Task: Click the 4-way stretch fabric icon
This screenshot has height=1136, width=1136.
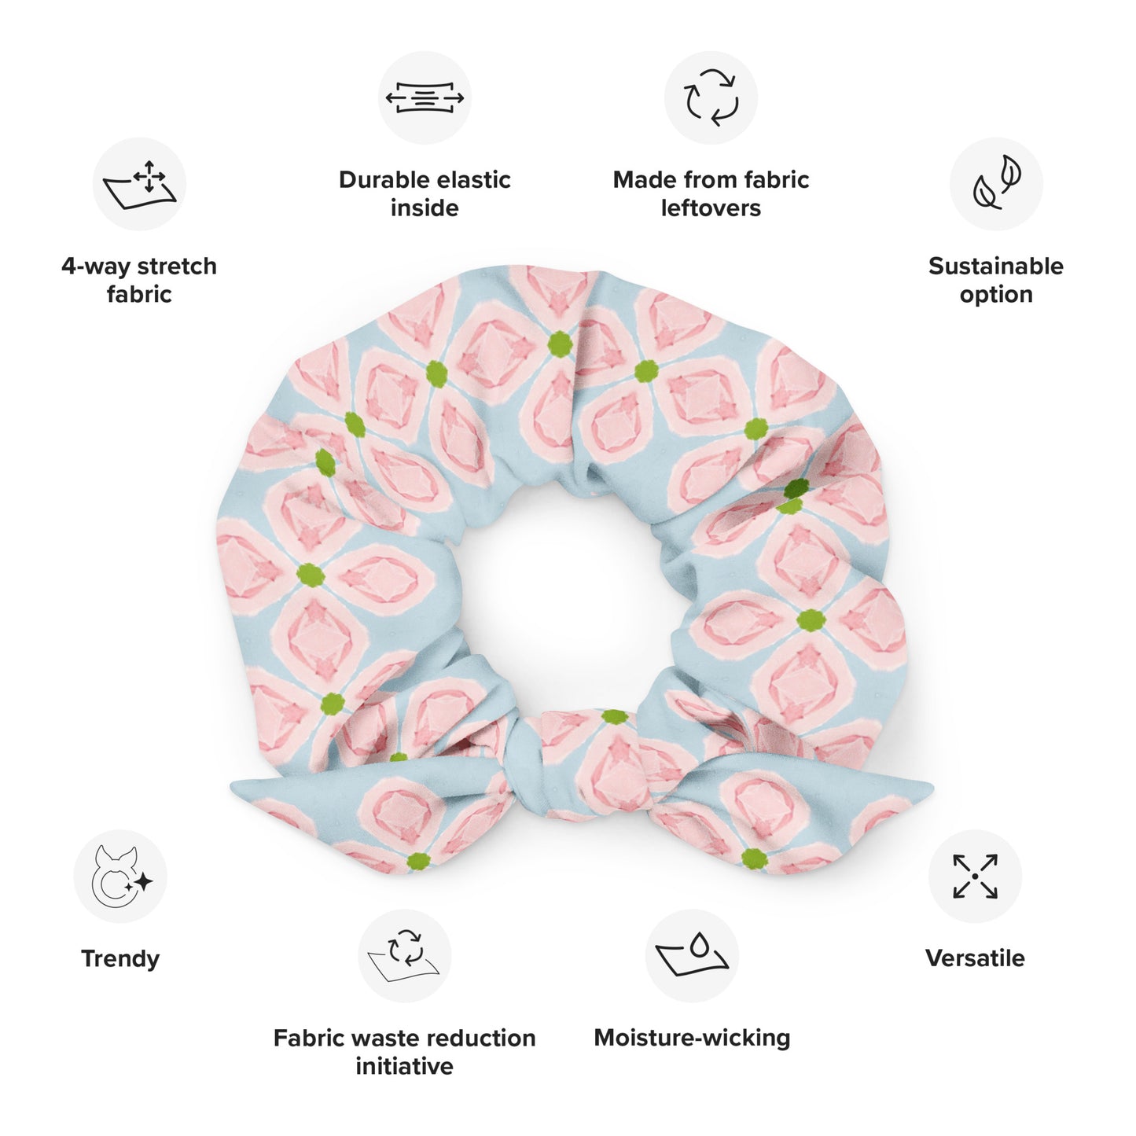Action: [139, 184]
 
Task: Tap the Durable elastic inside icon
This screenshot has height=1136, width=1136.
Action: [425, 97]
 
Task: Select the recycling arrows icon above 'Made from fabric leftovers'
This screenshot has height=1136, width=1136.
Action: [711, 97]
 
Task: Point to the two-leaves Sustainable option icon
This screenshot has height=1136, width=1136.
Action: [996, 184]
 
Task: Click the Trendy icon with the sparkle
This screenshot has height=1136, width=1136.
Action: [120, 876]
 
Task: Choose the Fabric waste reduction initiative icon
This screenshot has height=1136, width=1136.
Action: [404, 956]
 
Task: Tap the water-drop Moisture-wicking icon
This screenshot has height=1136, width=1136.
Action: [692, 956]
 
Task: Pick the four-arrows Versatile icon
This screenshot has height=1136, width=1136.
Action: [975, 876]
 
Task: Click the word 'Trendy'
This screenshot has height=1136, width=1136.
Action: [120, 959]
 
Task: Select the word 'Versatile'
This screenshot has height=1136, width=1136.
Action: [975, 958]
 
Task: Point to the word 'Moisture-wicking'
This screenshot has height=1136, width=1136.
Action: [692, 1039]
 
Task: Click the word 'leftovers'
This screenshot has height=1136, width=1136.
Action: [711, 208]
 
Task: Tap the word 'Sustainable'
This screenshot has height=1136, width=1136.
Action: [996, 266]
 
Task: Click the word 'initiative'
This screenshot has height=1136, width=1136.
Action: [404, 1066]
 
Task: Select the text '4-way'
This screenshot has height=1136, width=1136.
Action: [95, 267]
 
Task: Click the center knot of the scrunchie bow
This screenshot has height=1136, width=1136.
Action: [528, 761]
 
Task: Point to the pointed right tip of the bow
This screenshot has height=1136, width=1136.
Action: [932, 786]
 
